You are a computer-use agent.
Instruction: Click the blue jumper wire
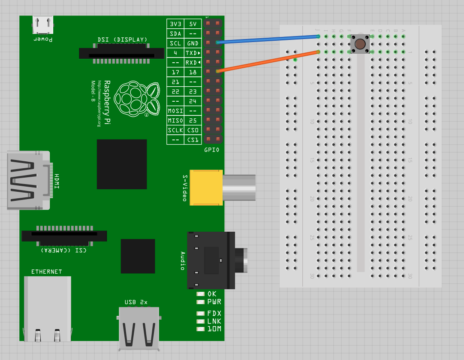(x=268, y=39)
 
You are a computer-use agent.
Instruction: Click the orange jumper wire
(x=268, y=61)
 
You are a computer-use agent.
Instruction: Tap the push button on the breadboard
(x=360, y=44)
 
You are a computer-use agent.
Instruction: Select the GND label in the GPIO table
(x=193, y=43)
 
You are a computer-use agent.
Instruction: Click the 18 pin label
(x=193, y=72)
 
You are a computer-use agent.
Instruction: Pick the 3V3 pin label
(x=175, y=24)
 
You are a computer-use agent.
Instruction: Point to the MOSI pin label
(x=175, y=111)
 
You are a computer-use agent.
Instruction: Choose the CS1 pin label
(x=193, y=140)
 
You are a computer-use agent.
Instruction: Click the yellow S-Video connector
(x=206, y=187)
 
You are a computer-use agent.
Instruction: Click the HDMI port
(x=28, y=180)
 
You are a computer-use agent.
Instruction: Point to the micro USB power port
(x=43, y=25)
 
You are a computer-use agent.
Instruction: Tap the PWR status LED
(x=201, y=302)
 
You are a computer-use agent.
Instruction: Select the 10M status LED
(x=201, y=329)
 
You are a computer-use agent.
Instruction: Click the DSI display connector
(x=121, y=54)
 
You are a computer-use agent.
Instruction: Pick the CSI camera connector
(x=64, y=236)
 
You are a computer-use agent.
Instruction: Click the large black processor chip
(x=121, y=164)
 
